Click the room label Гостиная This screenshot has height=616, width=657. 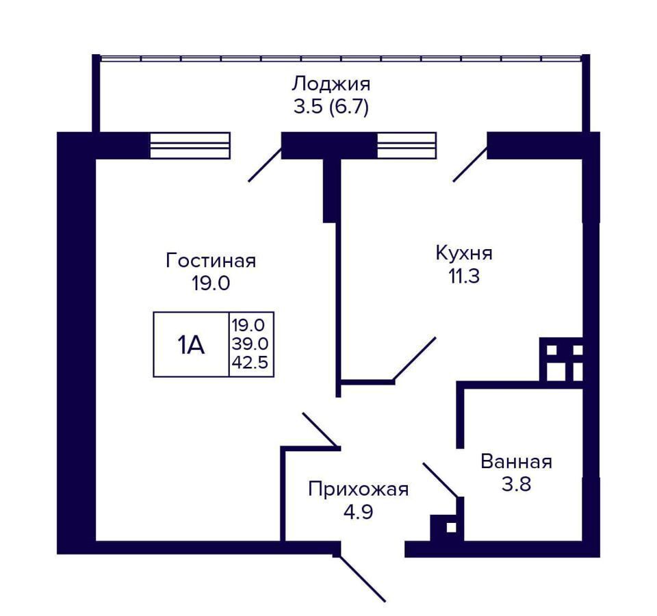(211, 261)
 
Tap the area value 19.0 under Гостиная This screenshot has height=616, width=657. (211, 283)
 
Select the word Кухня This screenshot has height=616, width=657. (464, 253)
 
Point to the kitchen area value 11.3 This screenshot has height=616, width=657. (464, 276)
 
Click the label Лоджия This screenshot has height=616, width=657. (331, 84)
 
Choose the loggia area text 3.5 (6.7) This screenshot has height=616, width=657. (331, 107)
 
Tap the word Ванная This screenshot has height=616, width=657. (516, 462)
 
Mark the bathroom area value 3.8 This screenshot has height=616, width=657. (516, 485)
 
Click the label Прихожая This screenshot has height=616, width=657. (358, 489)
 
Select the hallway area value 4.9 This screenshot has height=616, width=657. (358, 512)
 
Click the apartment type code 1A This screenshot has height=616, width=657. (191, 345)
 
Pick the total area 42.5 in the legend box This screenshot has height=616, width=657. (250, 362)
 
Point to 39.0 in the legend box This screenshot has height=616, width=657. (250, 344)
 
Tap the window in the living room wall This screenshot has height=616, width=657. (190, 145)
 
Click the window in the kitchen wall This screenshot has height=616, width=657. (407, 145)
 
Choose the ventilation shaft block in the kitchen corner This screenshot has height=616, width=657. (561, 359)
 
